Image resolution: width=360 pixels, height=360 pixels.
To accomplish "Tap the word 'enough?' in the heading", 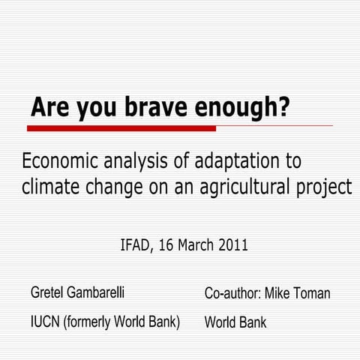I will coord(243,107).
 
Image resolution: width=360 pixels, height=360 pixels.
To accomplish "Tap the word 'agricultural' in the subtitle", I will coord(239,186).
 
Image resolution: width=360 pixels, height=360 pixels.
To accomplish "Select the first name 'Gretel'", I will coord(49,292).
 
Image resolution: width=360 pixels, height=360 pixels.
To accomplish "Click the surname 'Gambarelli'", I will coord(105,292).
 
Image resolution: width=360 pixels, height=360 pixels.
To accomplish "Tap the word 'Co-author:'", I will coord(232,293).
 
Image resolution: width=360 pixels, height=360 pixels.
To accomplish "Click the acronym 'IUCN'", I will coord(45,322).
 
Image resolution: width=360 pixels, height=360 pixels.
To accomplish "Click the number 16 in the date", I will coord(166,245).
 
